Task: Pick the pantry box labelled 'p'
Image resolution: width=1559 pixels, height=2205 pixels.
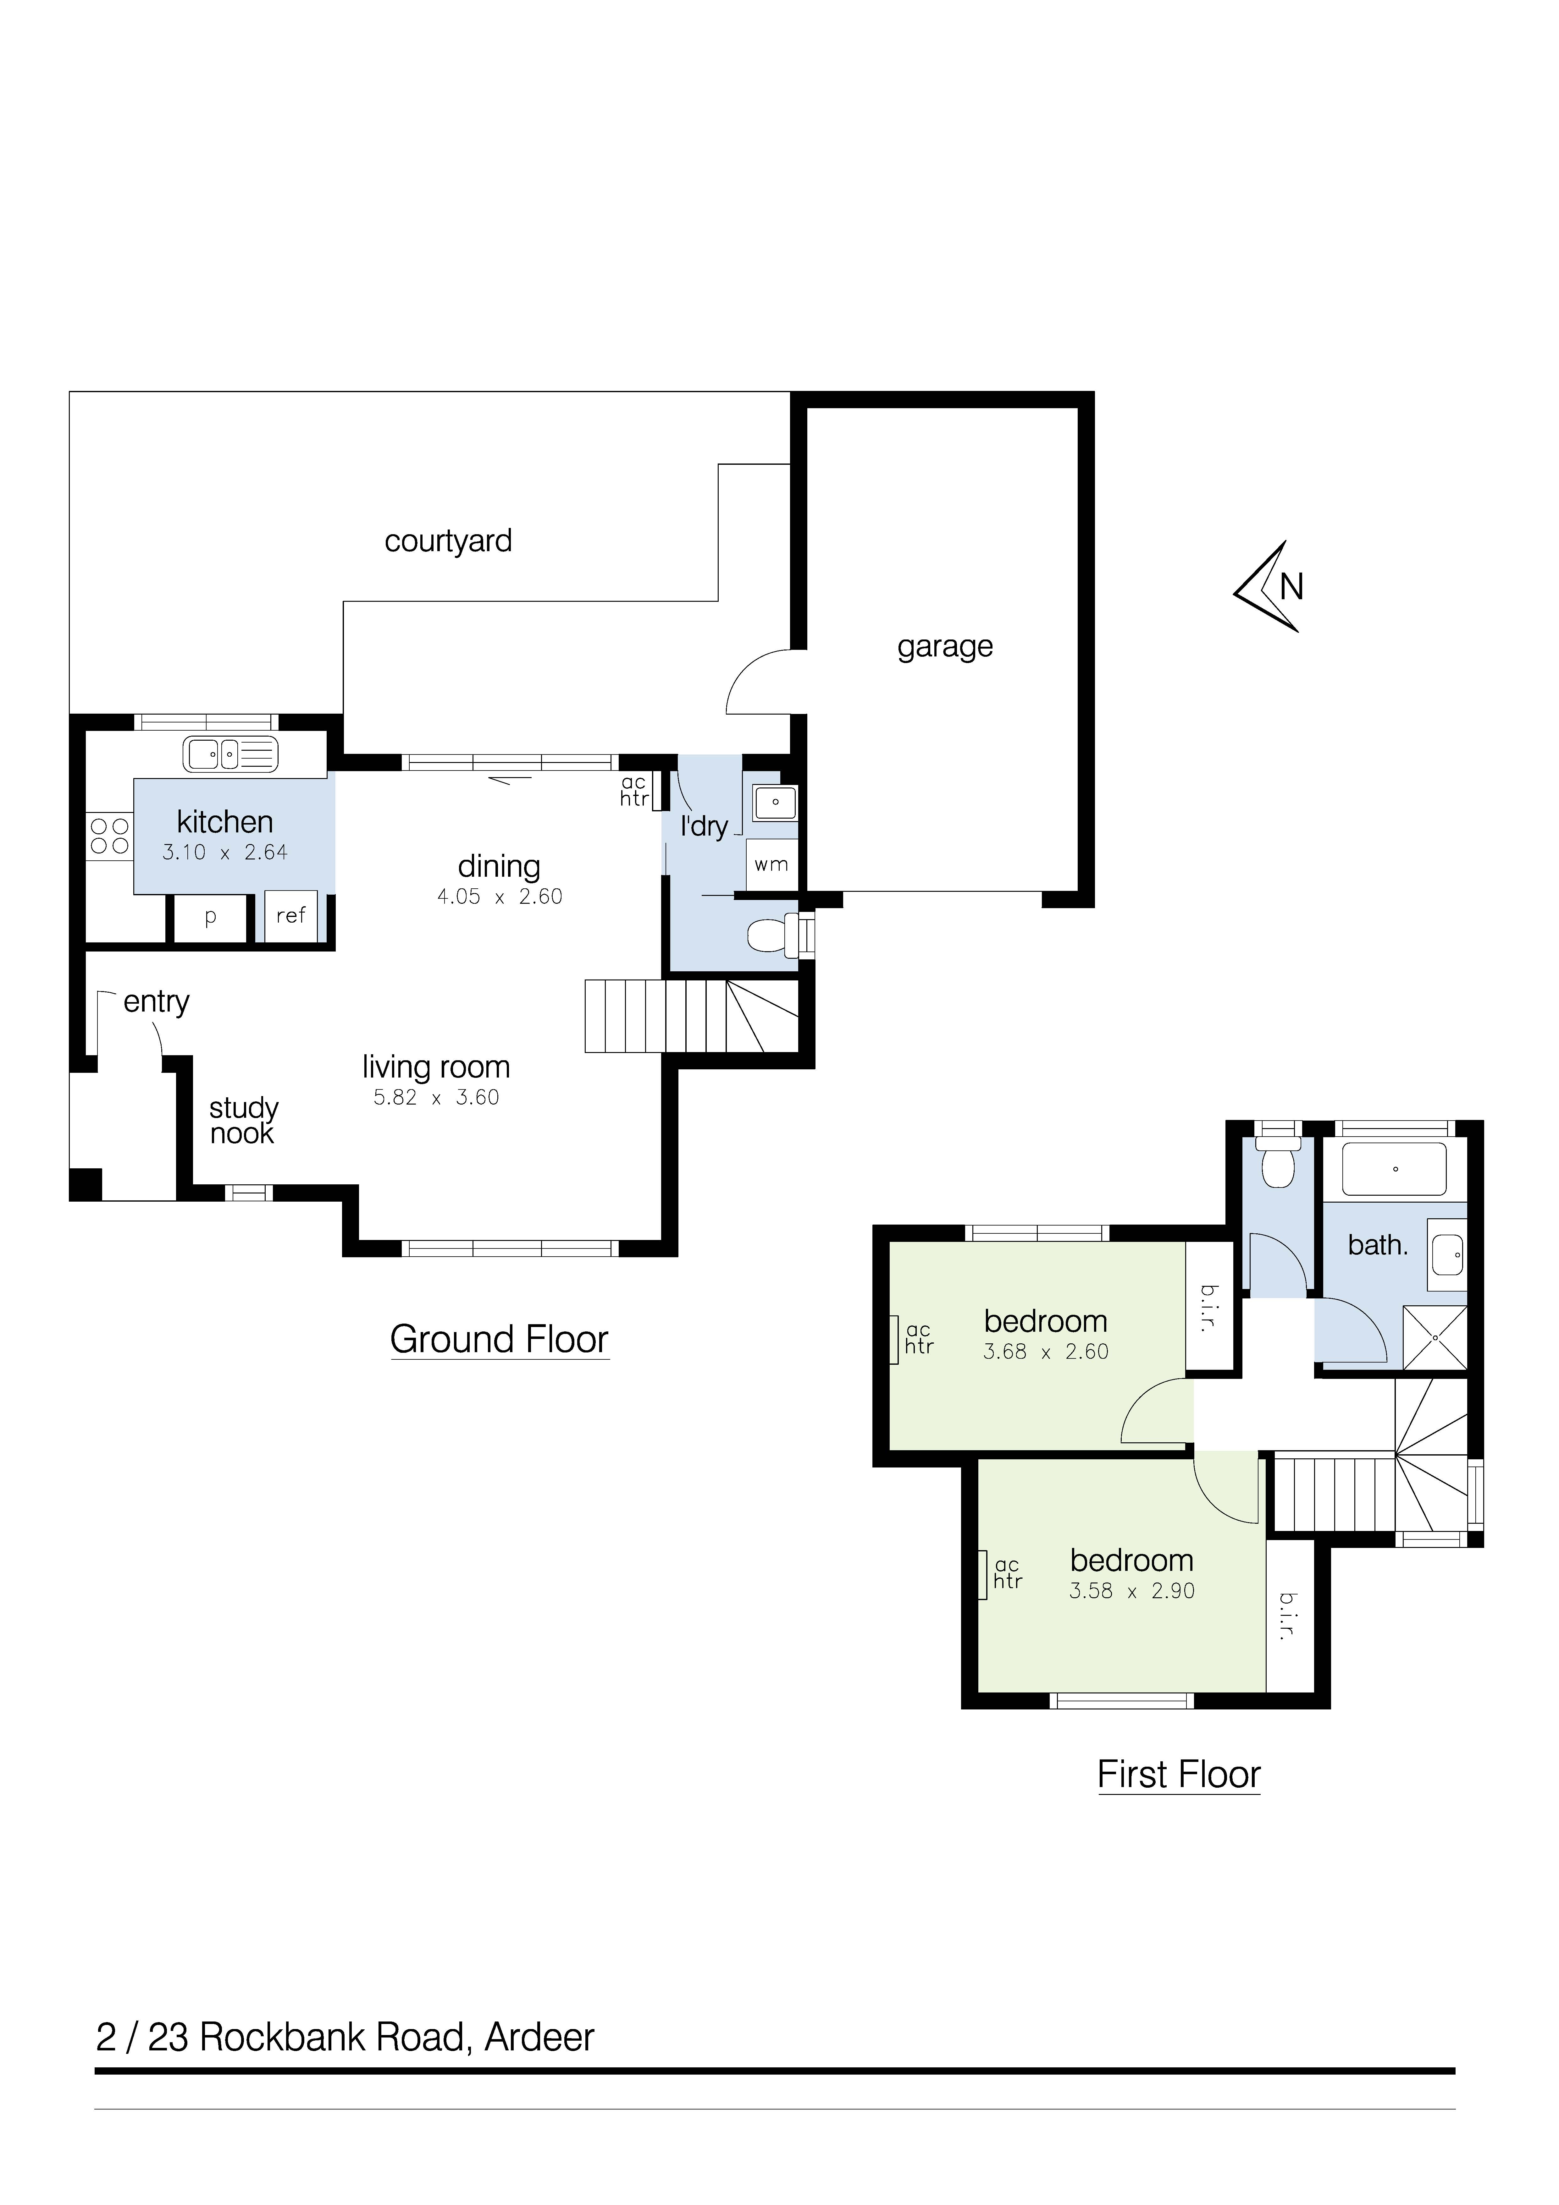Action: coord(210,918)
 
